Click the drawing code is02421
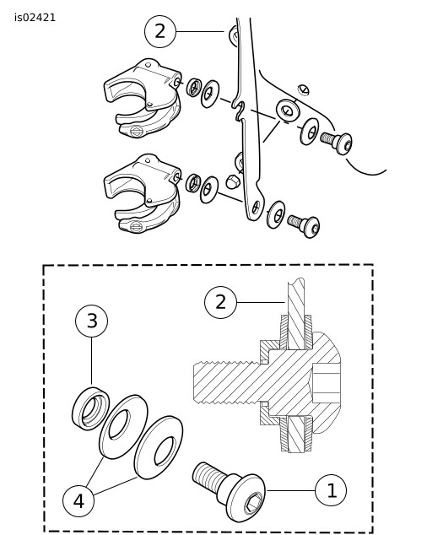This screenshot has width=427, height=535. point(35,18)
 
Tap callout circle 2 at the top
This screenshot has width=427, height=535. point(160,31)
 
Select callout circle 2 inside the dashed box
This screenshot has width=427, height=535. point(220,302)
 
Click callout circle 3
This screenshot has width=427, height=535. point(91,321)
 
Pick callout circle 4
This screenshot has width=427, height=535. point(78,501)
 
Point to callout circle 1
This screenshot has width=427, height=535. point(331,490)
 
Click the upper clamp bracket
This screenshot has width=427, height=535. point(143,98)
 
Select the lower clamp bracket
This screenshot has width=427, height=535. point(143,193)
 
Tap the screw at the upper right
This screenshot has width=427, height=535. point(337,142)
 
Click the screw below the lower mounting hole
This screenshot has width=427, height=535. point(304,226)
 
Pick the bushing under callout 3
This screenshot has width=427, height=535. point(90,408)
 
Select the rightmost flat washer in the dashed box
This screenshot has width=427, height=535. point(158,447)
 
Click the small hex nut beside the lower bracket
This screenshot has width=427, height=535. point(233,181)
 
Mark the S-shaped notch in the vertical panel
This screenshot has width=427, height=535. point(240,110)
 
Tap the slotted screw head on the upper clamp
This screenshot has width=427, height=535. point(136,131)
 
